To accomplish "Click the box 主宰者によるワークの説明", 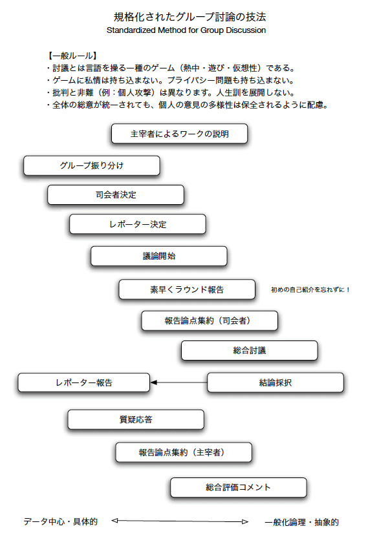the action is coord(180,134).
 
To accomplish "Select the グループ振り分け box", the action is coord(92,165).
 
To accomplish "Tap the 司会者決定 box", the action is coord(116,194).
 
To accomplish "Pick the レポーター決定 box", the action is coord(138,224).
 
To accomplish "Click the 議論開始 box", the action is coord(159,256).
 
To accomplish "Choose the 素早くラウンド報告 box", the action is coord(187,289).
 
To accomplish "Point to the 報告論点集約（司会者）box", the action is coord(210,320).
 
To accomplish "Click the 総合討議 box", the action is coord(249,350).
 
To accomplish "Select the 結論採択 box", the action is coord(276,382).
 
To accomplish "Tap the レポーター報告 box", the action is coord(84,382).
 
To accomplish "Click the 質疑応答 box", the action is coord(136,419).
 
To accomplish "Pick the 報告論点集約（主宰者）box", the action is coord(184,452).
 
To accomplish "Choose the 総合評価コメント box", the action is coord(239,487).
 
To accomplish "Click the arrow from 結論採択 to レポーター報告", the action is coord(179,382).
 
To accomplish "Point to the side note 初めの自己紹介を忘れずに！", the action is coord(310,289).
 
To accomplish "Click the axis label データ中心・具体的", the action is coord(60,521).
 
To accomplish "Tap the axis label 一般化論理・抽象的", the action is coord(301,522).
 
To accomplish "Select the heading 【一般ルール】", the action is coord(72,56).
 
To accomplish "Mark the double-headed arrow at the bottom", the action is coord(180,521).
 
